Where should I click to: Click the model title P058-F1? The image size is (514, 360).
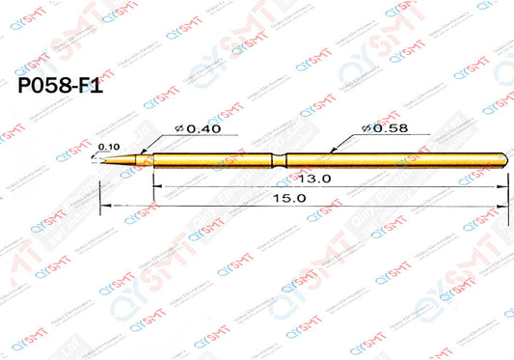pos(60,85)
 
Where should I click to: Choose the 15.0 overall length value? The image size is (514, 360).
pos(293,198)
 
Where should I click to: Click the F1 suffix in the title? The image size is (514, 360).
pos(90,85)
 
